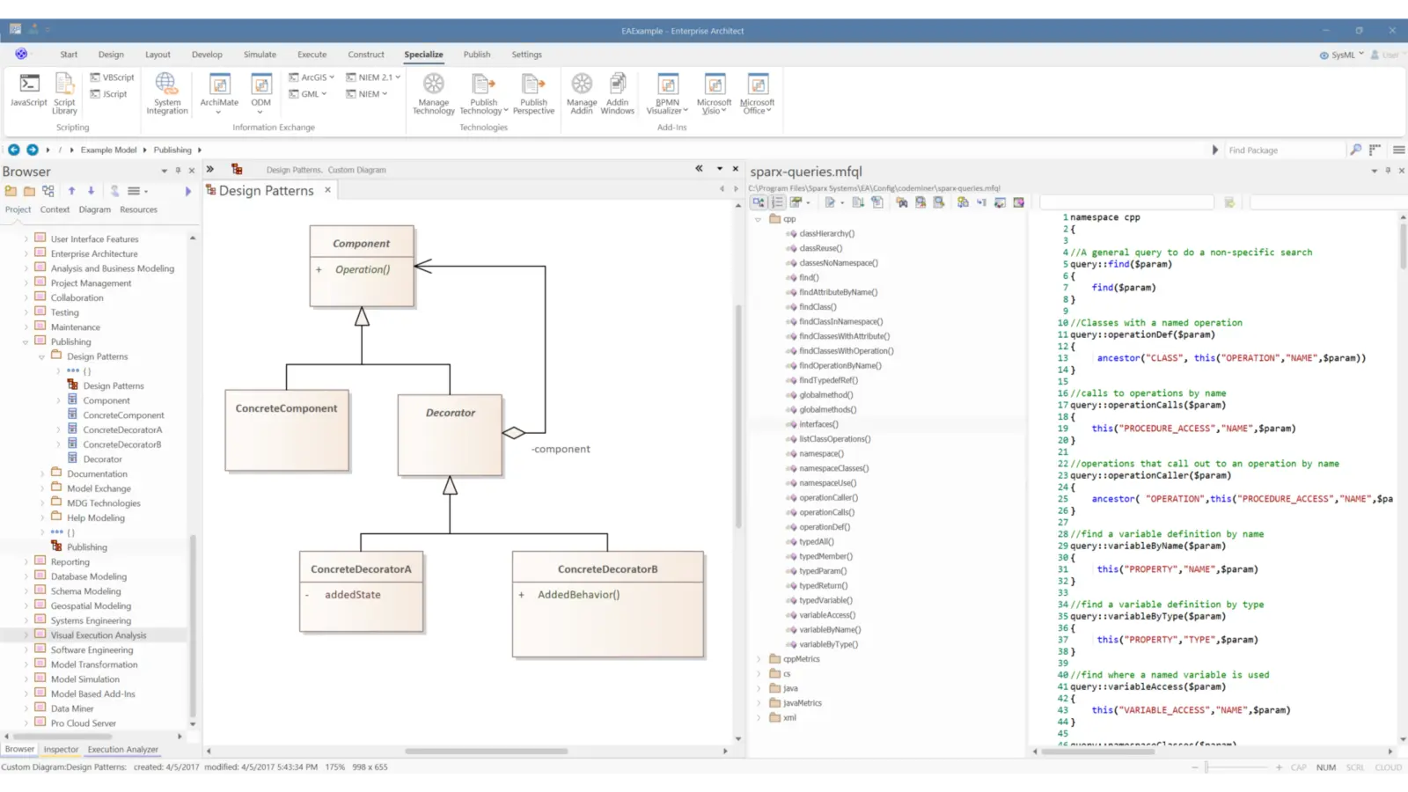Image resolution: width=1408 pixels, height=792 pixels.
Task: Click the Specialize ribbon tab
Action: (423, 55)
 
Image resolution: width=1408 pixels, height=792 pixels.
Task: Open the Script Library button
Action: (64, 93)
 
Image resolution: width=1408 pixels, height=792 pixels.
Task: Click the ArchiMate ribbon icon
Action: (219, 91)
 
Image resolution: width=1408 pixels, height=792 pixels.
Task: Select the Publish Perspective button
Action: (533, 93)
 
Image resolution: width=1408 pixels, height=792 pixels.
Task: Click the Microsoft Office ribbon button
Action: (757, 93)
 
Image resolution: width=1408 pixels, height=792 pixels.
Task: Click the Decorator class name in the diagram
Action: (451, 413)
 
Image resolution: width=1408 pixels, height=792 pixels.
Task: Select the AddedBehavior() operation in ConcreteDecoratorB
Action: (578, 595)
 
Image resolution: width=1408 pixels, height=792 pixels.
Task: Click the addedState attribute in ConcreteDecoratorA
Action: (353, 595)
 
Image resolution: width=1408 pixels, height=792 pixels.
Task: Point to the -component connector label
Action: (561, 450)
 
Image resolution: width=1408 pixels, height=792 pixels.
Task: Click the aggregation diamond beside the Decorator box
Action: (514, 433)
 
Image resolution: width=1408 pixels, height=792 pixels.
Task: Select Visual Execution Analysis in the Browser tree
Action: (99, 635)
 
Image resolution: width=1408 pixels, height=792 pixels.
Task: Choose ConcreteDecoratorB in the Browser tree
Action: (122, 444)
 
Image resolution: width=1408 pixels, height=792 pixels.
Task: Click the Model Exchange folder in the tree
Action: (99, 488)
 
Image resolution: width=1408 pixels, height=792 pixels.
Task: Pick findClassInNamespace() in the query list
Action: (840, 322)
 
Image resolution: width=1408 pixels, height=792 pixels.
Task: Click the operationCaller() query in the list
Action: (826, 498)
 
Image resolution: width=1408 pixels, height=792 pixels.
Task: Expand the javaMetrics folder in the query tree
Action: (759, 703)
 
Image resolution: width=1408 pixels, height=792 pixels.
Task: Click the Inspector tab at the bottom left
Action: (61, 750)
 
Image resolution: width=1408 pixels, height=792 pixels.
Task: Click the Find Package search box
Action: (1285, 150)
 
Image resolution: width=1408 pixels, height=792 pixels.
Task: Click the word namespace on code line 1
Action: (1094, 217)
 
